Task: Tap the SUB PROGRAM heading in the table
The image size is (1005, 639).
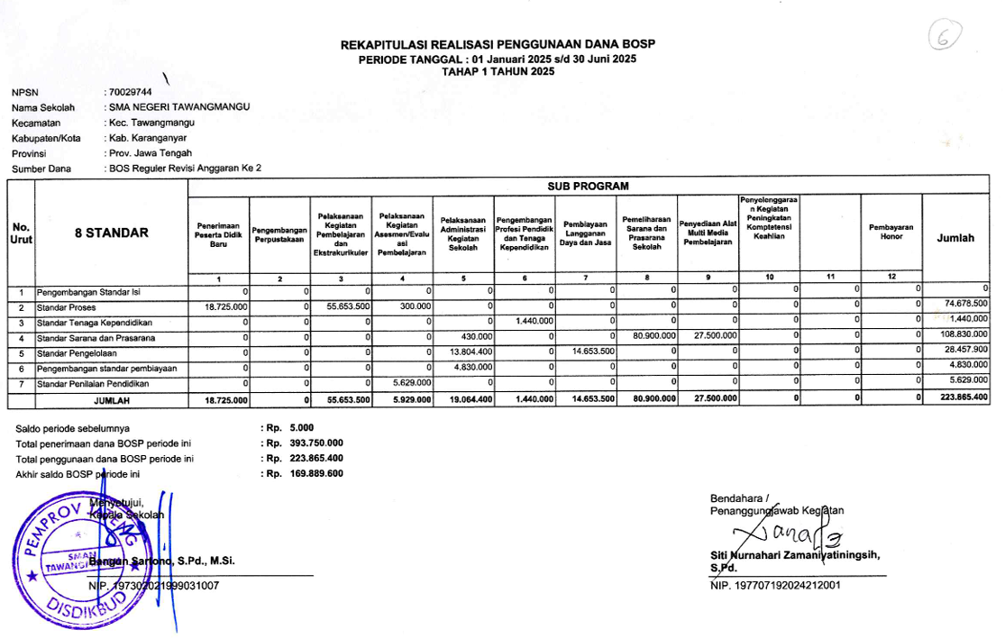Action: point(589,186)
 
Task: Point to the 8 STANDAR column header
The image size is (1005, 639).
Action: point(111,233)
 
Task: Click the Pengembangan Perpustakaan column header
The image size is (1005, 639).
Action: point(279,233)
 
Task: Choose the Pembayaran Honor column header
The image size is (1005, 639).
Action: point(891,232)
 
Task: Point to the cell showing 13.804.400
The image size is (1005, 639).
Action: point(471,352)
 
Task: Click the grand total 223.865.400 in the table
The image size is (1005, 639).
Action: point(964,397)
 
